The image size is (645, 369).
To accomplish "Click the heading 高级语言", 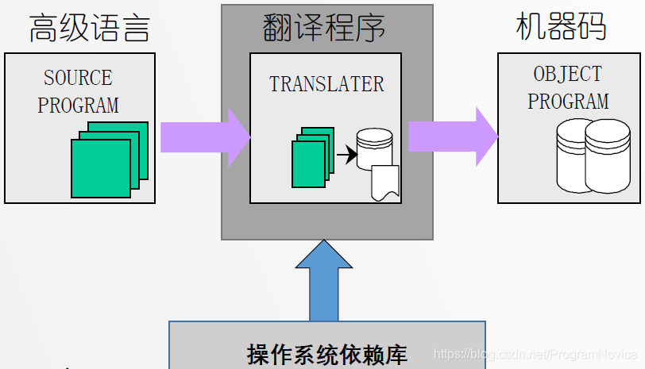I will pyautogui.click(x=89, y=29).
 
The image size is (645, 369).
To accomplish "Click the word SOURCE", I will pyautogui.click(x=78, y=78).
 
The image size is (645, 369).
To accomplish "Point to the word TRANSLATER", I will pyautogui.click(x=326, y=84).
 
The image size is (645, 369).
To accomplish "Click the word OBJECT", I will pyautogui.click(x=568, y=74).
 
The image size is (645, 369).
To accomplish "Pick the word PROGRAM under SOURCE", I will pyautogui.click(x=78, y=104).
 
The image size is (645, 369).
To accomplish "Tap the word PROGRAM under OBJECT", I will pyautogui.click(x=568, y=101).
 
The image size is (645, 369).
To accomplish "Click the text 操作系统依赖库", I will pyautogui.click(x=326, y=354).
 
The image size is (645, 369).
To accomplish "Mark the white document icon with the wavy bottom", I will pyautogui.click(x=384, y=183).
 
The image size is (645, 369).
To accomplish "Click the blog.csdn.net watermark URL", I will pyautogui.click(x=537, y=352).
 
